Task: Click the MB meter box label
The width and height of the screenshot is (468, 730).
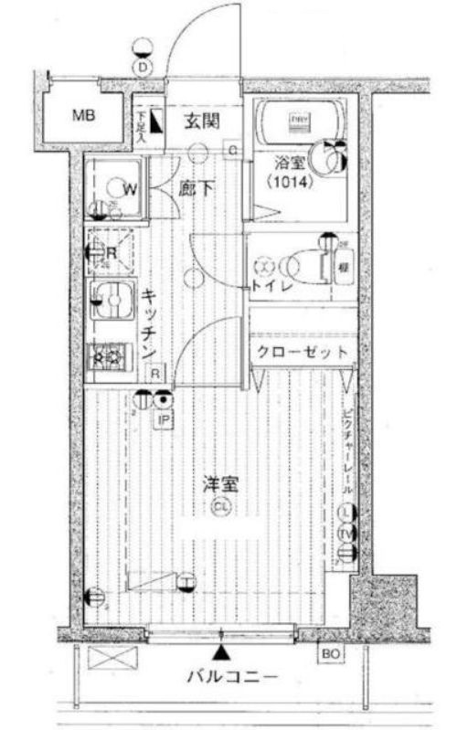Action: [83, 116]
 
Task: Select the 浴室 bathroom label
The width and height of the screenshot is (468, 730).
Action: [289, 165]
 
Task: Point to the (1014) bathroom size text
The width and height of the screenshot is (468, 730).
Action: [291, 182]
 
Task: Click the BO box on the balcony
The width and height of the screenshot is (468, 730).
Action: [330, 652]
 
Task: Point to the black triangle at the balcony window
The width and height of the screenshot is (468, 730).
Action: [221, 651]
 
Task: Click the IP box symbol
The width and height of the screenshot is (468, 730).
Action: [165, 420]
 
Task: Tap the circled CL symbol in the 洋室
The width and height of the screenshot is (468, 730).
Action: [219, 507]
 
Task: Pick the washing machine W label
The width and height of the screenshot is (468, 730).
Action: [130, 190]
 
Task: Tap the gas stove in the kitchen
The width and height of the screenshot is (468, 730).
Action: [110, 356]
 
